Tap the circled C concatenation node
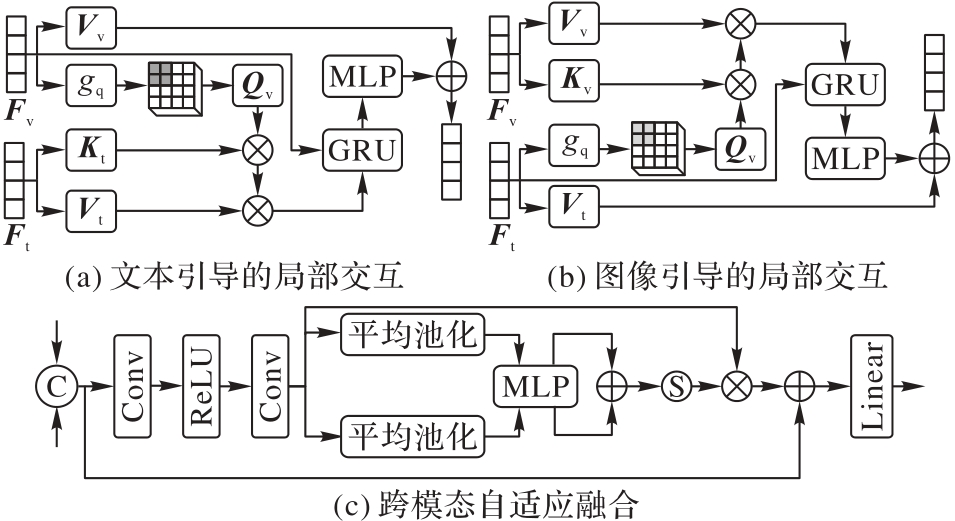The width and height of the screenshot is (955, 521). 56,385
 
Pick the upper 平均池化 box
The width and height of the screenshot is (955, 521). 412,334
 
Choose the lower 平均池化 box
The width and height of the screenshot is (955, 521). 412,436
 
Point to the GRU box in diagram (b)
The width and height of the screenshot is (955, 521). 846,84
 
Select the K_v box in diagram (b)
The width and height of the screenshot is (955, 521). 580,80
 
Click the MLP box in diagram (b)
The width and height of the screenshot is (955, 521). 846,157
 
